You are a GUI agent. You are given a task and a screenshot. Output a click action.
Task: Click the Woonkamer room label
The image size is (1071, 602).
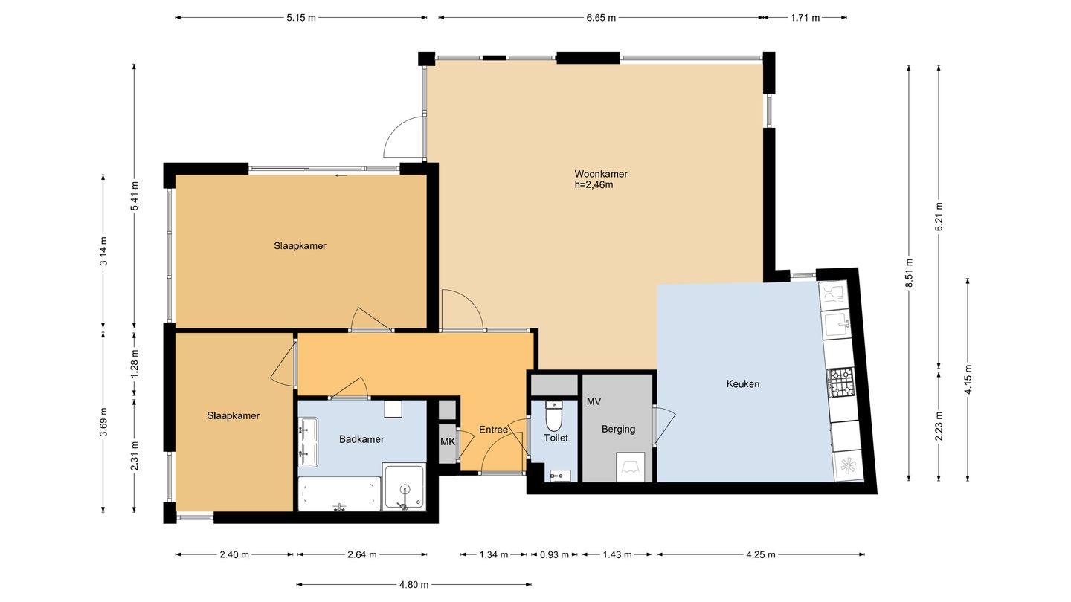coord(600,174)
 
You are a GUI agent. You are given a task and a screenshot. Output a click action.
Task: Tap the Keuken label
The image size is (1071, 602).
coord(742,383)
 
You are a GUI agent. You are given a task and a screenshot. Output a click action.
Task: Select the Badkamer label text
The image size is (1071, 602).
coord(361,439)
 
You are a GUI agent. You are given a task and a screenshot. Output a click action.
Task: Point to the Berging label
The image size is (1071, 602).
coord(618,429)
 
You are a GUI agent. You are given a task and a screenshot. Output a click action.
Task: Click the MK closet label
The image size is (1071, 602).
coord(448,442)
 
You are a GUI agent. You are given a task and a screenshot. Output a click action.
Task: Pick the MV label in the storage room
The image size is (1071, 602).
coord(594,402)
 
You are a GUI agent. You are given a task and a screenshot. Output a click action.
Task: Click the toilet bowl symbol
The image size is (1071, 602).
coord(554,417)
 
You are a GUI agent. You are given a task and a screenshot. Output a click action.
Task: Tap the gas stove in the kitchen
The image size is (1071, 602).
coord(841,382)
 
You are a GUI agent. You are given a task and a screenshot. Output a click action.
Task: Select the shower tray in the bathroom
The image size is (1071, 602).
coord(404,486)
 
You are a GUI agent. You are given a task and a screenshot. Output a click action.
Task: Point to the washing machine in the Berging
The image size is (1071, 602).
coord(630,467)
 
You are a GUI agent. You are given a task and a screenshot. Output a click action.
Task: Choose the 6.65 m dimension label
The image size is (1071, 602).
coord(601,18)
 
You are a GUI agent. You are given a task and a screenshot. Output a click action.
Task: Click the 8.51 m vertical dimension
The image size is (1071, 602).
coord(910,273)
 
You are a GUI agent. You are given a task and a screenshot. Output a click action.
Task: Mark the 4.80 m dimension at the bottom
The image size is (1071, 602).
coord(414,584)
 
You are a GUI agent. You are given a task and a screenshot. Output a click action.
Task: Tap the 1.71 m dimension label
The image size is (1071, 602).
coord(805,18)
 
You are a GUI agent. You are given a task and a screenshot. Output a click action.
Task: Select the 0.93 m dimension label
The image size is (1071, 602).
coord(555,554)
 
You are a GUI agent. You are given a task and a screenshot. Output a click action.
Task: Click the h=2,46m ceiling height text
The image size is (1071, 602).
coord(594,185)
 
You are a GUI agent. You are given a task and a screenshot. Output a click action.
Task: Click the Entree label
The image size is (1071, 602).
coord(493,430)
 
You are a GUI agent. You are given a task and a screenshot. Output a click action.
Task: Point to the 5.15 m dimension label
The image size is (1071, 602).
coord(301,18)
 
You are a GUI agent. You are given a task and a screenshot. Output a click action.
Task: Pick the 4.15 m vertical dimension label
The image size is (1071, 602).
coord(968,379)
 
